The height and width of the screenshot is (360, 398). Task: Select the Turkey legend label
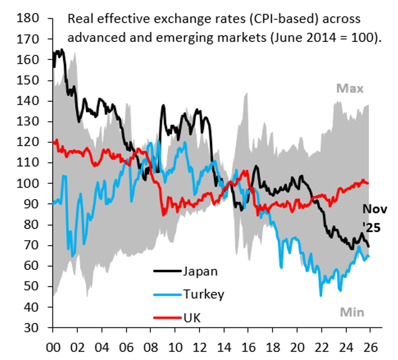[202, 294]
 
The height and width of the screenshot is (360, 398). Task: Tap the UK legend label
[192, 317]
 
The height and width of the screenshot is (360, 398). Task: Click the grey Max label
[349, 89]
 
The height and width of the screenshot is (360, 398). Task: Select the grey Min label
[349, 312]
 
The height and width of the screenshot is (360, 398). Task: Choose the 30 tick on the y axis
[33, 328]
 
